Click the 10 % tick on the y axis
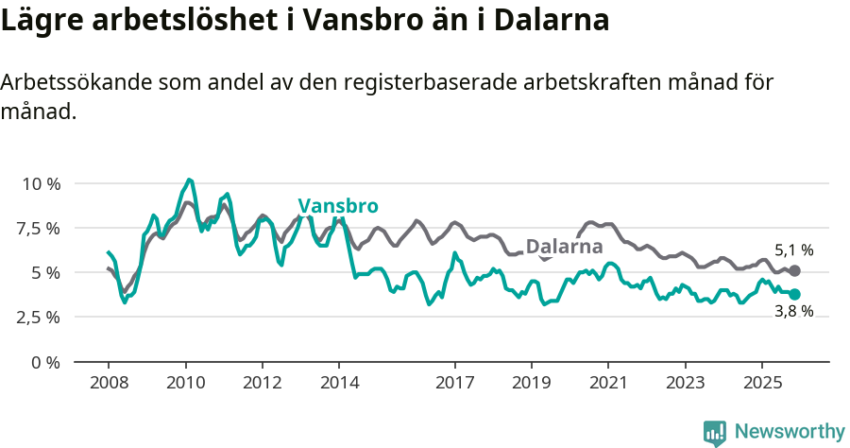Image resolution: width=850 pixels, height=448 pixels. coord(39,183)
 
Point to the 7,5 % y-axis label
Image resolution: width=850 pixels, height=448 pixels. coord(39,228)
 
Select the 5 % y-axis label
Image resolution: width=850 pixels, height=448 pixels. coord(44,272)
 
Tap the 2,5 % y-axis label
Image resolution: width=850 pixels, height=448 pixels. coord(39,317)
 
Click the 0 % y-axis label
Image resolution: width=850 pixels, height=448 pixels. coord(44,362)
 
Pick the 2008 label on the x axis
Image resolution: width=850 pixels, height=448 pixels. coord(108,384)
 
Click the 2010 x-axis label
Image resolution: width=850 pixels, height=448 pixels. coord(185,384)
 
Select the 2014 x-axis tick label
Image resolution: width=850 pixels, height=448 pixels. coord(339,384)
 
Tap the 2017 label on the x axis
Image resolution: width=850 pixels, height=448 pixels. coord(454,384)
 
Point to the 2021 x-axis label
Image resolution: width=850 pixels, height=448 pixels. coord(608,384)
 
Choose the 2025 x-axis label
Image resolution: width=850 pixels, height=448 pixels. coord(761,384)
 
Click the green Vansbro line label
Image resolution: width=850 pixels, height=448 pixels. coord(338,206)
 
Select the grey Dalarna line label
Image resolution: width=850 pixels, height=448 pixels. coord(564,248)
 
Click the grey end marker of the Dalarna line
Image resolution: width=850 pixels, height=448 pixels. coord(794,271)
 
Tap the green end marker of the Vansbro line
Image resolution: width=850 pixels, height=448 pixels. coord(794,294)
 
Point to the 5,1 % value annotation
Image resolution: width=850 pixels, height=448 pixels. coord(793,250)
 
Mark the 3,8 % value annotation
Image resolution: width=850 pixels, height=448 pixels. coord(793,312)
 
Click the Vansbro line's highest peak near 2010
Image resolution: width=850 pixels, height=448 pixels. coord(190,180)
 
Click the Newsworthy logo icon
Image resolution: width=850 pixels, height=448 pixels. coord(715,432)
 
